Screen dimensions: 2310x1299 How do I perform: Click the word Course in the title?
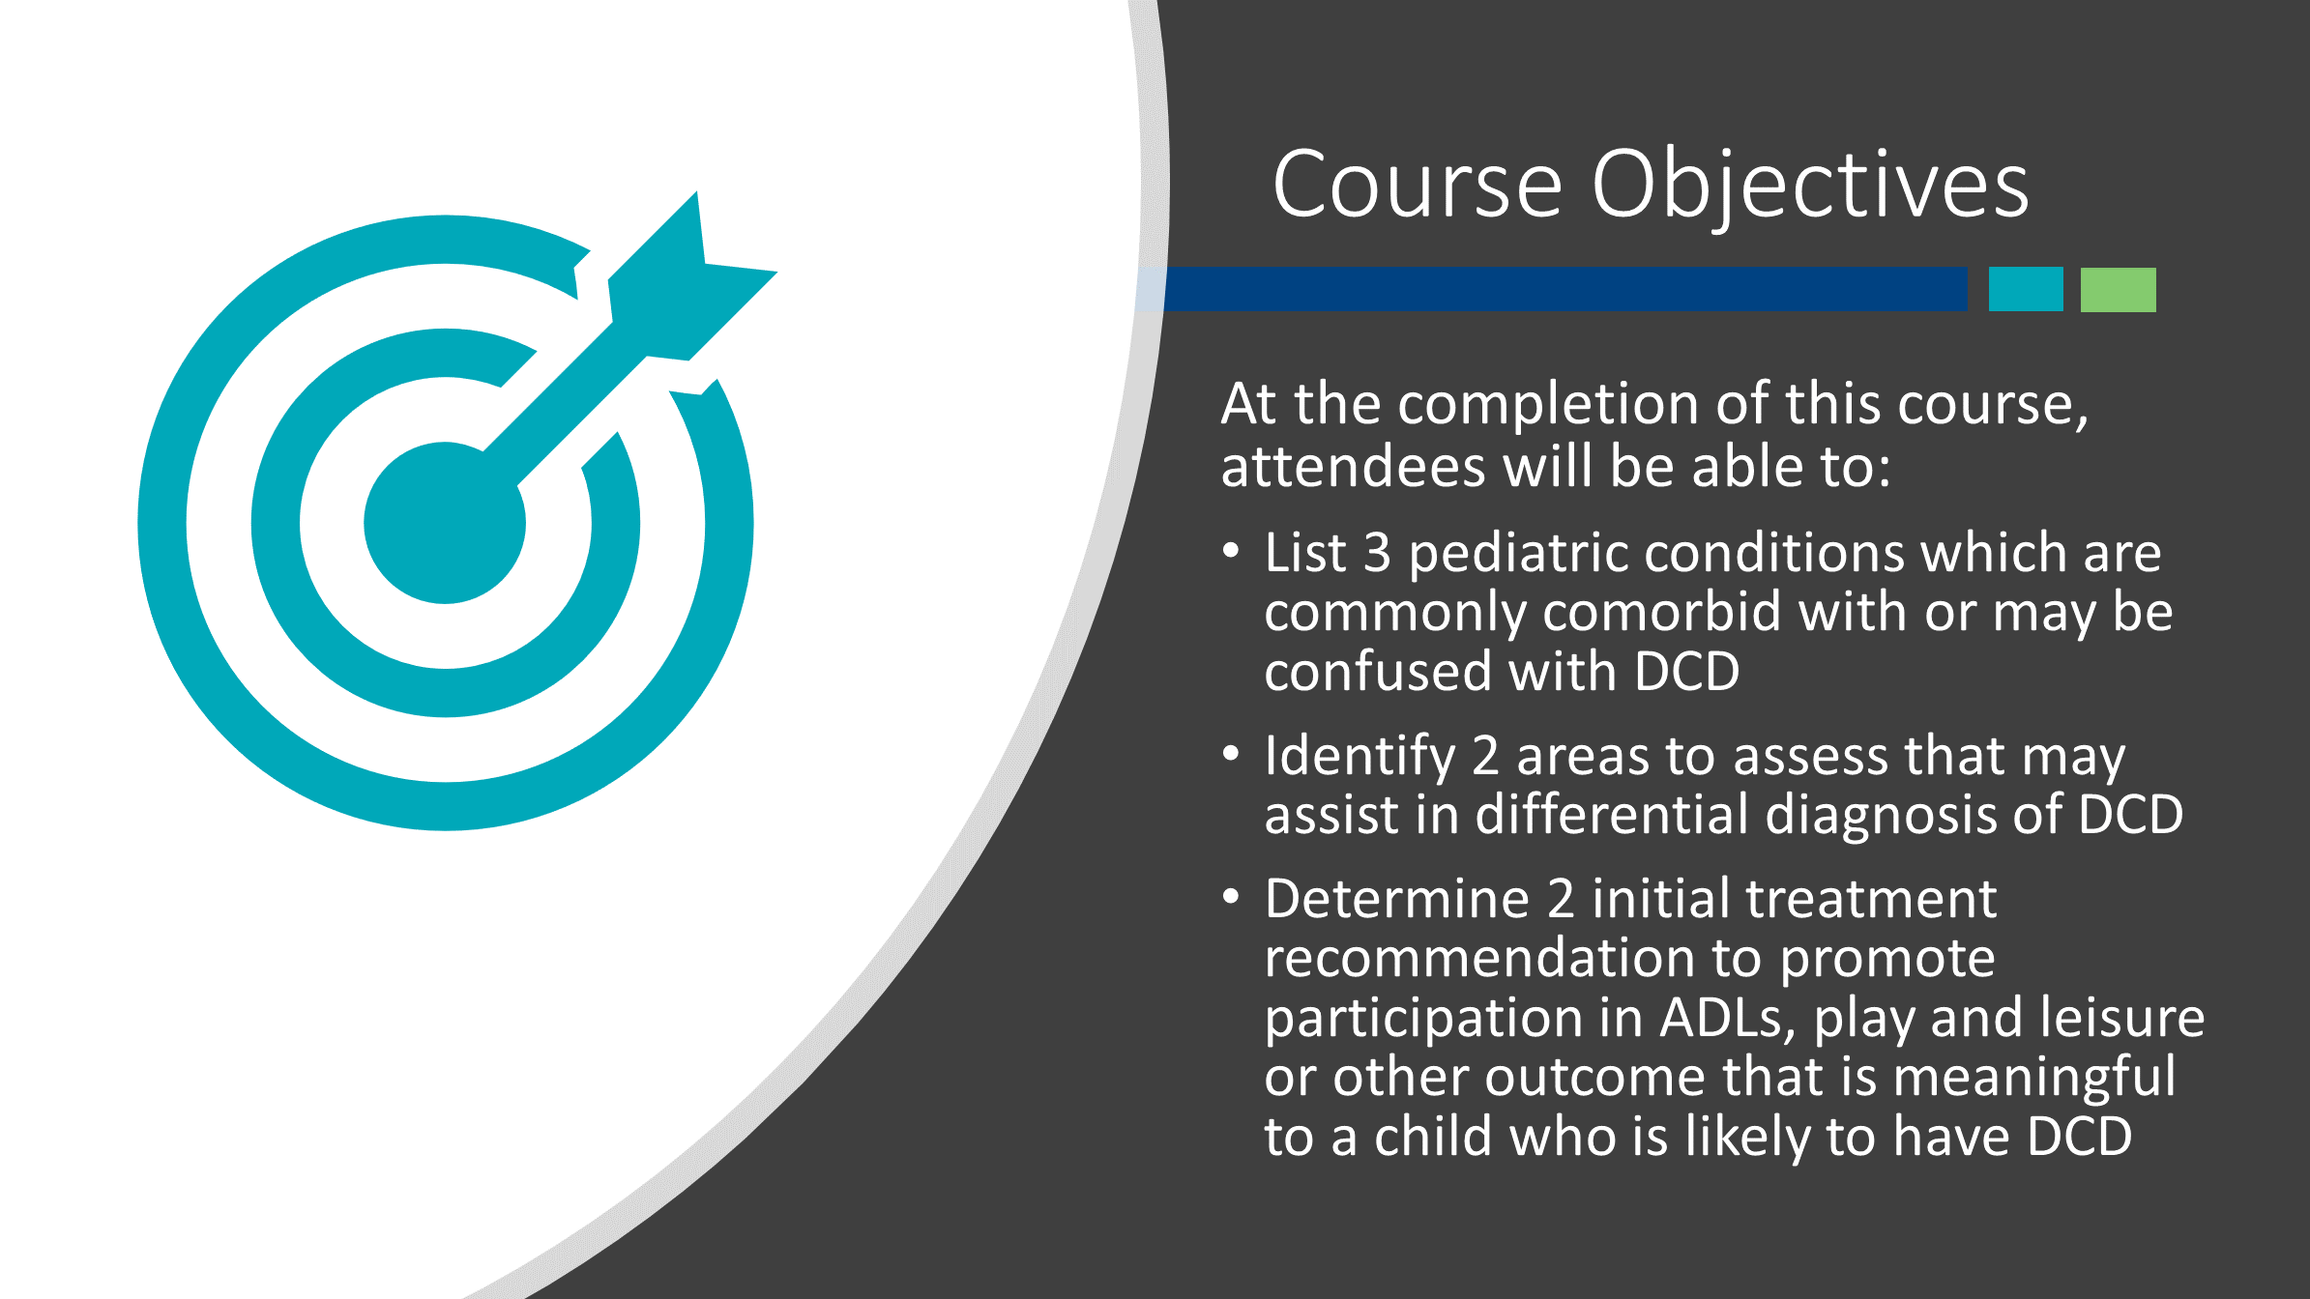pyautogui.click(x=1417, y=185)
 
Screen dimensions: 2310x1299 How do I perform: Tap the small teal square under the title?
pyautogui.click(x=2026, y=289)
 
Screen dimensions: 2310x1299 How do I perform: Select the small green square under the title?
pyautogui.click(x=2118, y=289)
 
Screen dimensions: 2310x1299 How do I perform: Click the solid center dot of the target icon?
pyautogui.click(x=445, y=523)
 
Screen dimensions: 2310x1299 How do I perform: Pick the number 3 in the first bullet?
pyautogui.click(x=1377, y=553)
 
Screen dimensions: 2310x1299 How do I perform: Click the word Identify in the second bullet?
pyautogui.click(x=1360, y=758)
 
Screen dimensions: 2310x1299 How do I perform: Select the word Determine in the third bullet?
pyautogui.click(x=1397, y=899)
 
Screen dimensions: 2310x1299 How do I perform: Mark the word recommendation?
pyautogui.click(x=1479, y=958)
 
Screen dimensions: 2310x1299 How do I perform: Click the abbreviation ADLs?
pyautogui.click(x=1727, y=1019)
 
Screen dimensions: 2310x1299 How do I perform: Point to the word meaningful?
pyautogui.click(x=2033, y=1079)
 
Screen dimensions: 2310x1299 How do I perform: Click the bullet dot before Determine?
pyautogui.click(x=1231, y=898)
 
